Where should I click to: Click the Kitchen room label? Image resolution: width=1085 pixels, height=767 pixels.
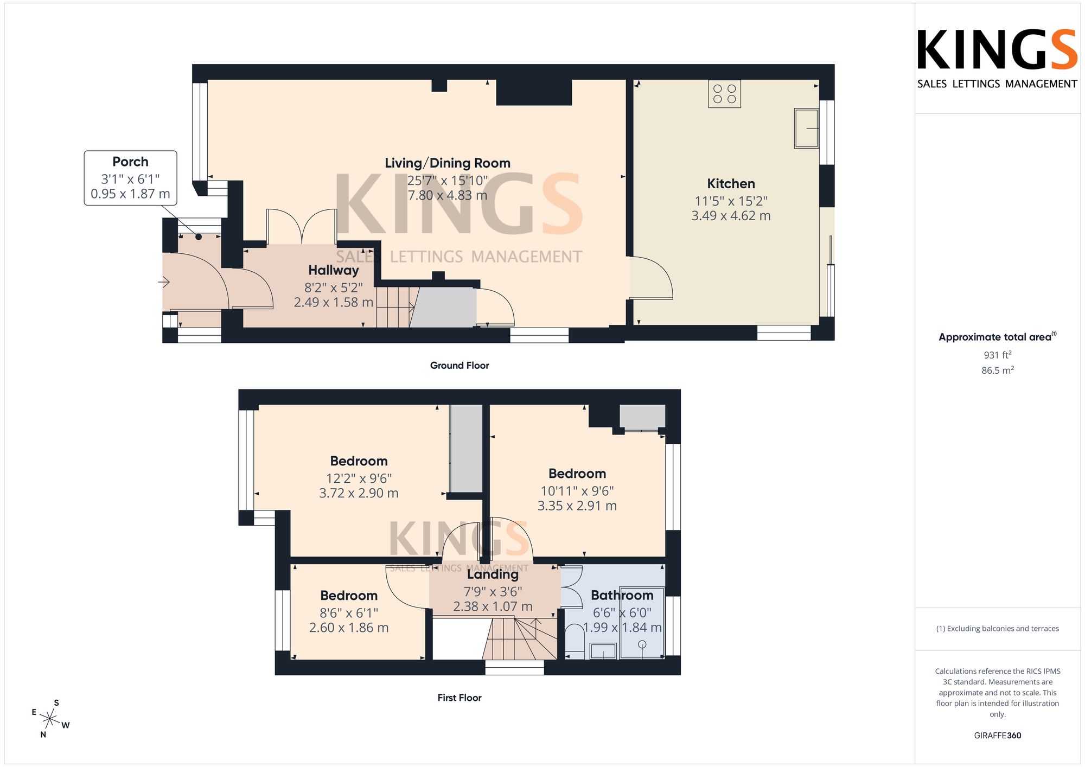731,184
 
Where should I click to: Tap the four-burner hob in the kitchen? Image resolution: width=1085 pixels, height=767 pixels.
725,94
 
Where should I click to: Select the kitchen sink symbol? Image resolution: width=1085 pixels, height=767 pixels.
807,128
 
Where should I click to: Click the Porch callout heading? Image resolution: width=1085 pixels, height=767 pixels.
130,162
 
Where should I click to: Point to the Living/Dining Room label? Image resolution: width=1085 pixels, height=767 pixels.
448,163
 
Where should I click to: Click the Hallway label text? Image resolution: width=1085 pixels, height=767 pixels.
334,270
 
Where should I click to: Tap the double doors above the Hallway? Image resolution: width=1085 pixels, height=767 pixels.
302,226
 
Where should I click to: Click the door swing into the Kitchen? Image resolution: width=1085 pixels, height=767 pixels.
651,278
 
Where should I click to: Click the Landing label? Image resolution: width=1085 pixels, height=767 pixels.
493,574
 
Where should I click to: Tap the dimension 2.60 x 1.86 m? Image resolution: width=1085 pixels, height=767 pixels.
349,628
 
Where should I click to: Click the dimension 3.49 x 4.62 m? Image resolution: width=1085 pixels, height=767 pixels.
731,216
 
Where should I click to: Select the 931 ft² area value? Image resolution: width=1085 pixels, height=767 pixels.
998,355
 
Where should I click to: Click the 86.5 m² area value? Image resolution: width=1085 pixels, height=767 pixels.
998,370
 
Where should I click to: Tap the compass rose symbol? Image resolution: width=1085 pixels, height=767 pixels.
50,719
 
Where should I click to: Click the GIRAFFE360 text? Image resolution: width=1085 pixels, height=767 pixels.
998,736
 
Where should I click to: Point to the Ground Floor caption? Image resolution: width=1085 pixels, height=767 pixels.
459,366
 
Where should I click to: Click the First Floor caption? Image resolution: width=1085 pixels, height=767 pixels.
459,698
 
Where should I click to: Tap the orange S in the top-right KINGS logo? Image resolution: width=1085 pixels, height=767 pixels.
1064,50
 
